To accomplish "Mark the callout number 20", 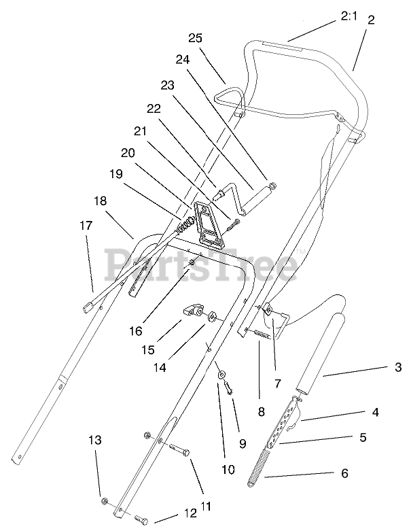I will (x=128, y=152).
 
